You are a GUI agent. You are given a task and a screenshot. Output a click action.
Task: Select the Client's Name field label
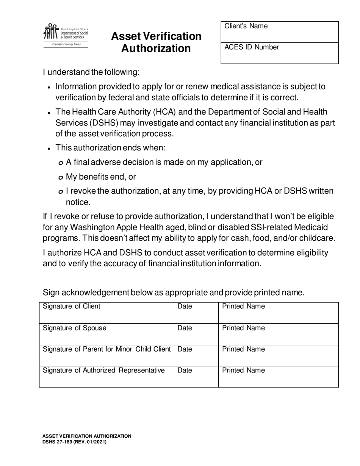246,26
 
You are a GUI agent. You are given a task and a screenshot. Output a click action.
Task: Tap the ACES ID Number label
252,47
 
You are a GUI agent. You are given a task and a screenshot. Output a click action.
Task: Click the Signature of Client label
72,306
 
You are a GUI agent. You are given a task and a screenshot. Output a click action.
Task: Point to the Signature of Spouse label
75,328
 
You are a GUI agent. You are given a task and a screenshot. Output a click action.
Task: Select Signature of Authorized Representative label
104,370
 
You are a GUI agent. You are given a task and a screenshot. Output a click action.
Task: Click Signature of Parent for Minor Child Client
107,349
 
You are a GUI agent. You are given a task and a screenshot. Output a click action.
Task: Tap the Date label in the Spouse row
185,328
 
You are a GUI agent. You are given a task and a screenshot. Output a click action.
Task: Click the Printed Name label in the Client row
243,306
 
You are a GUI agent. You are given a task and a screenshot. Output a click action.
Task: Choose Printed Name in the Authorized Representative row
243,370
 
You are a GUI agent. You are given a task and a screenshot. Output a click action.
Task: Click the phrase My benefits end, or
101,177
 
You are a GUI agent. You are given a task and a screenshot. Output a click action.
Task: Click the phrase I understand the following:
91,72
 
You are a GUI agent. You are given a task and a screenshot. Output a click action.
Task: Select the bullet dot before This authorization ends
49,149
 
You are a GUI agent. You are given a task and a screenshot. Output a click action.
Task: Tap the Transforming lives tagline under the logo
66,44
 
